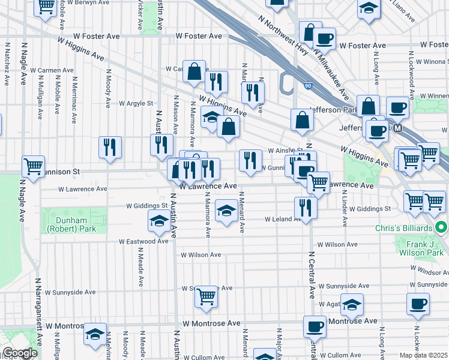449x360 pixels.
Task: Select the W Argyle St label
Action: coord(136,103)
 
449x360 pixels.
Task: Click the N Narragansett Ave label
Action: coord(37,312)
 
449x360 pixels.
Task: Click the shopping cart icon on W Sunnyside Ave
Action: coord(206,295)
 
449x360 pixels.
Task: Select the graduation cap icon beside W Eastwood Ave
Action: coord(158,221)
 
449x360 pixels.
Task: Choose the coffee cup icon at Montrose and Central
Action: coord(315,327)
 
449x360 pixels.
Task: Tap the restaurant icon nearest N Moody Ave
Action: coord(110,146)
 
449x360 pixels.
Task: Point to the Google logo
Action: coord(20,353)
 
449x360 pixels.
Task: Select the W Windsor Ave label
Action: coord(428,271)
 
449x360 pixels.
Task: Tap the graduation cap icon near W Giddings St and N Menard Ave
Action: coord(226,211)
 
